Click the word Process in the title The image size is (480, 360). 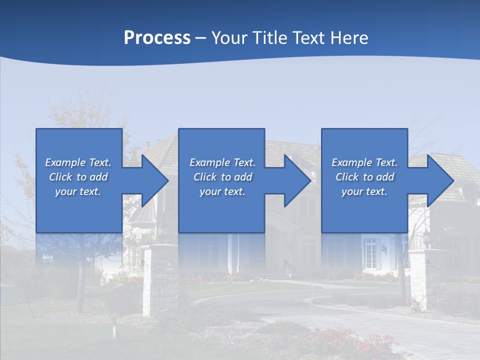click(157, 38)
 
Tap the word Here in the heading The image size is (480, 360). click(349, 38)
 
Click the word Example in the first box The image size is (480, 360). click(65, 162)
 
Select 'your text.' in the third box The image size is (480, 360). click(364, 191)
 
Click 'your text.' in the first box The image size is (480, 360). click(78, 191)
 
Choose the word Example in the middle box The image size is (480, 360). click(209, 162)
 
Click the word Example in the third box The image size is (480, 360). click(351, 162)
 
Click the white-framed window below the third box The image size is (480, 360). click(370, 252)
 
